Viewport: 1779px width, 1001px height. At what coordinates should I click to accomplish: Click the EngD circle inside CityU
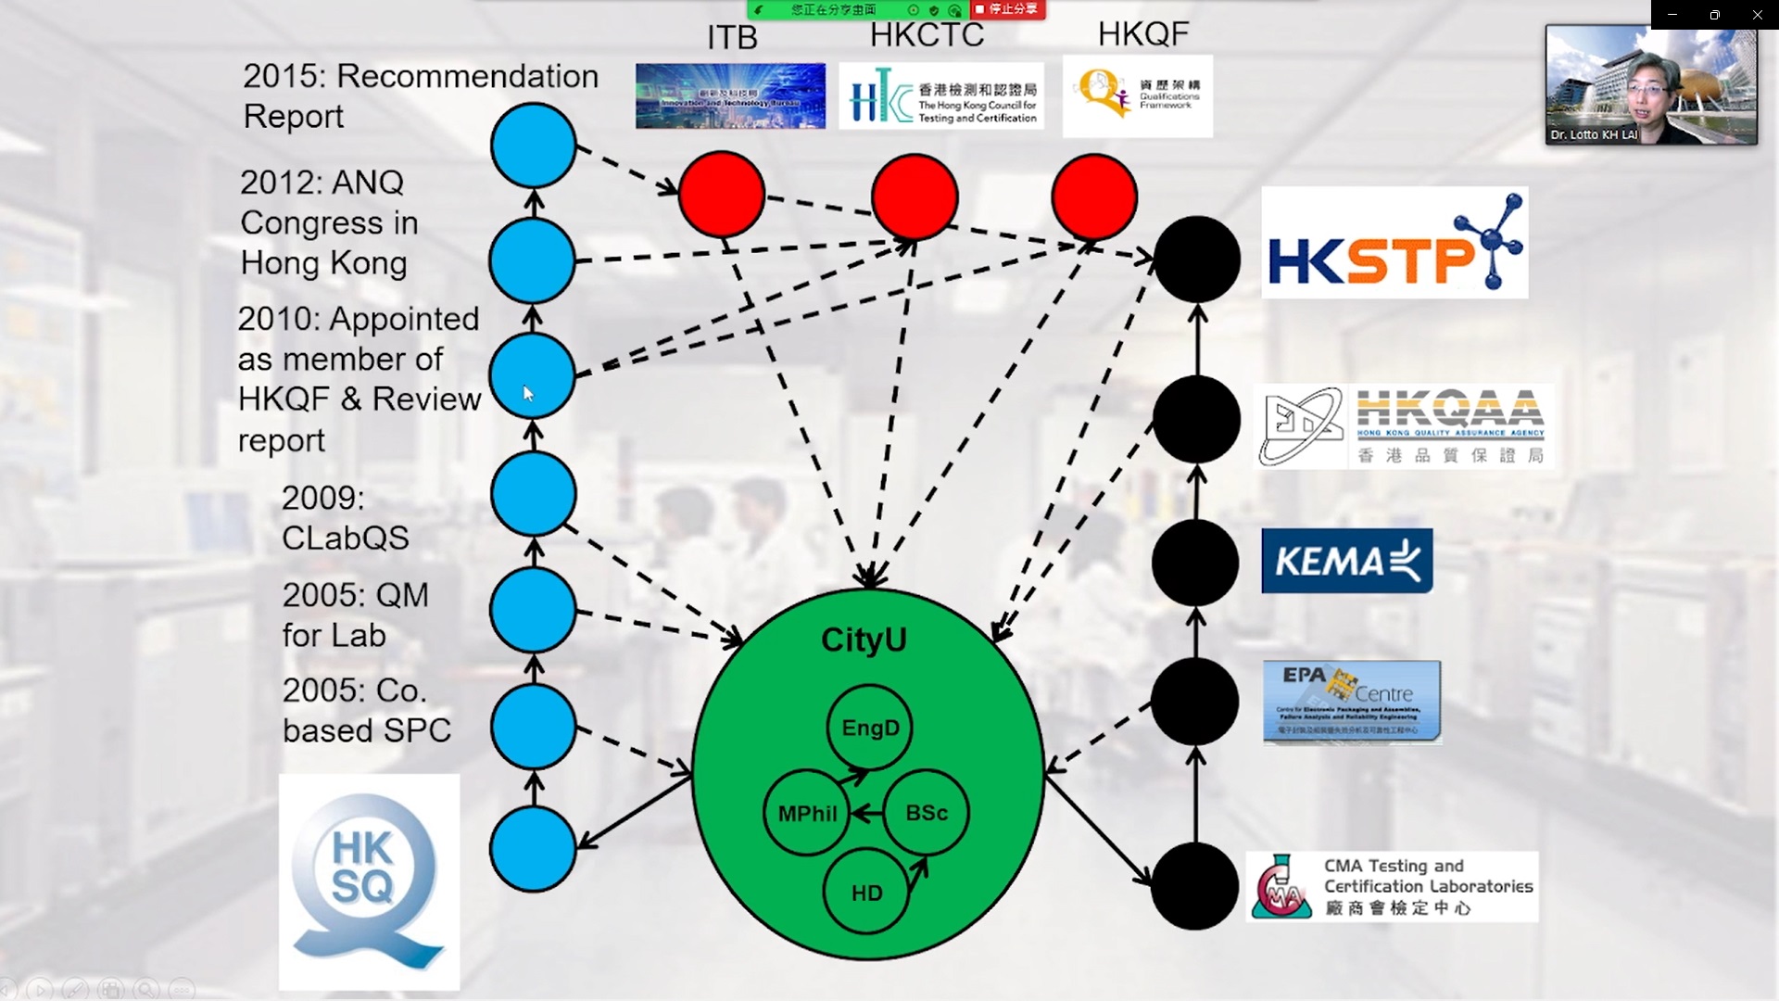click(x=869, y=728)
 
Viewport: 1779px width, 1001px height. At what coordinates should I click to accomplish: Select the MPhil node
click(x=807, y=813)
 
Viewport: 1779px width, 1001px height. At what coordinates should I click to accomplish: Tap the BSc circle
click(x=926, y=813)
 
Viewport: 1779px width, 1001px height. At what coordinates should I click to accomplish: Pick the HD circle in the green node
click(x=866, y=893)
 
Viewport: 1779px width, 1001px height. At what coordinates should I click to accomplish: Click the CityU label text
click(x=864, y=640)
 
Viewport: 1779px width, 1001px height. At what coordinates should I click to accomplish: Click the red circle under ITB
click(x=722, y=196)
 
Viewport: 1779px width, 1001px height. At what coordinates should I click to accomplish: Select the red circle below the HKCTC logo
click(x=915, y=197)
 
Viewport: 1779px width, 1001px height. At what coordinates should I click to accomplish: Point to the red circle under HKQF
click(x=1094, y=197)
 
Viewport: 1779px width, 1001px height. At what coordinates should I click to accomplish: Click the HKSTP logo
click(x=1394, y=243)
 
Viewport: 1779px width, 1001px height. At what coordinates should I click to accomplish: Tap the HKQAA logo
click(x=1403, y=426)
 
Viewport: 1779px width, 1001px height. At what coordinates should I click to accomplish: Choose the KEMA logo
click(x=1346, y=561)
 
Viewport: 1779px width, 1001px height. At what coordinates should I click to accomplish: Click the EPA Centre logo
click(x=1352, y=702)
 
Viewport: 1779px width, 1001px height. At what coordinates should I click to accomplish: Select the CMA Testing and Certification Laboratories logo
click(x=1392, y=886)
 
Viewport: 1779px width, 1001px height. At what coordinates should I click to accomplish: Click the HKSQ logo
click(x=369, y=881)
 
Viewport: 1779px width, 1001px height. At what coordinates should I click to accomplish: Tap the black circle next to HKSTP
click(x=1197, y=260)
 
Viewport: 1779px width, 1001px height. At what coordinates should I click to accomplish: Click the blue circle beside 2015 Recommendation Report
click(x=534, y=146)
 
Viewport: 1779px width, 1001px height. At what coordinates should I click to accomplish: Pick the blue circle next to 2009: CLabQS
click(x=534, y=494)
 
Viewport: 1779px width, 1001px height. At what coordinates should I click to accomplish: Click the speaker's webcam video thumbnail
click(x=1650, y=85)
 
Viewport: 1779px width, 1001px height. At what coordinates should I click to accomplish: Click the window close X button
click(x=1757, y=15)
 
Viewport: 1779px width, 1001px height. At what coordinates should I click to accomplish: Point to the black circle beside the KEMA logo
click(x=1195, y=563)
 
